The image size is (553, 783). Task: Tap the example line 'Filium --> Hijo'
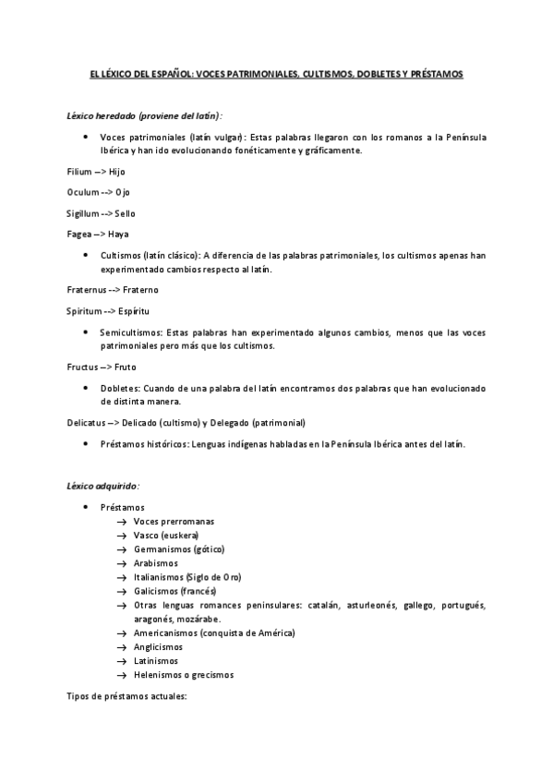point(95,172)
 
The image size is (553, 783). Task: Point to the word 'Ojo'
point(123,192)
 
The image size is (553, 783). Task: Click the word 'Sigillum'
point(82,212)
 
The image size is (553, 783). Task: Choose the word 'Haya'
point(118,234)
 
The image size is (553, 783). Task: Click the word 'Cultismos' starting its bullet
point(120,256)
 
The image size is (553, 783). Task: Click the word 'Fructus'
point(83,367)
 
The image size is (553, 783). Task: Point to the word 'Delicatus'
point(86,423)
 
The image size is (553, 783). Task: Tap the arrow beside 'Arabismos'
point(122,563)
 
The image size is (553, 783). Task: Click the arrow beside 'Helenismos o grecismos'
point(122,675)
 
